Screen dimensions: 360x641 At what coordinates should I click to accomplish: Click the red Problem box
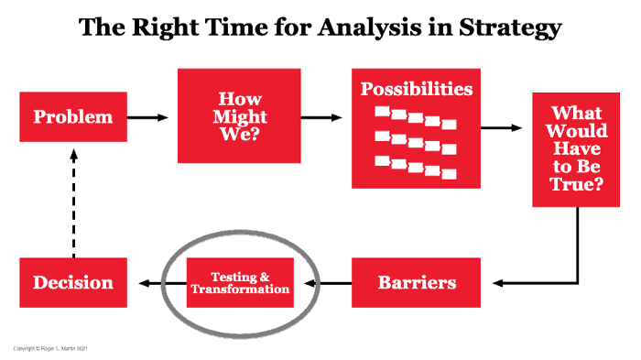click(x=72, y=117)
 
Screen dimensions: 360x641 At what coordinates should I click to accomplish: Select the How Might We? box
click(x=238, y=115)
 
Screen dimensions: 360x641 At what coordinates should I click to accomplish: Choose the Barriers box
click(x=417, y=282)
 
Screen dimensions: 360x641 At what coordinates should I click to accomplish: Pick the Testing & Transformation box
click(x=239, y=282)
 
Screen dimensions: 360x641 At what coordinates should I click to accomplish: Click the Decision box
click(x=72, y=282)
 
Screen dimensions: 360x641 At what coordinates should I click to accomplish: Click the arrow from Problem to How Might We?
click(x=148, y=117)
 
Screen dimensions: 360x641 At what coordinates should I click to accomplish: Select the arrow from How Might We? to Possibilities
click(x=325, y=117)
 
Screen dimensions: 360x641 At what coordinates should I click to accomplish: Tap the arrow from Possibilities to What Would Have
click(x=506, y=127)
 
